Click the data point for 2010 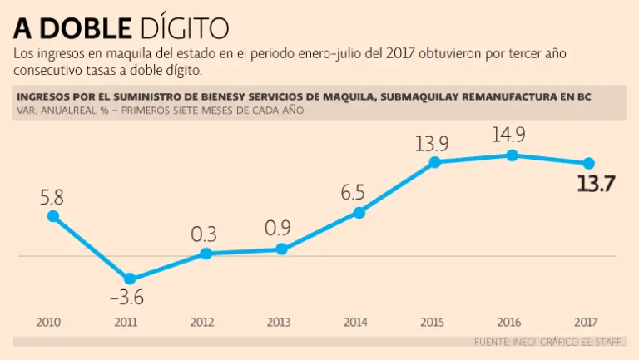click(x=53, y=216)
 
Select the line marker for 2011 click(x=129, y=279)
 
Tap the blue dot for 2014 click(x=359, y=213)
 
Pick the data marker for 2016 click(x=512, y=155)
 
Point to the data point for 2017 click(x=588, y=163)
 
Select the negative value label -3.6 click(x=127, y=298)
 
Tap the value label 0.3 click(x=204, y=234)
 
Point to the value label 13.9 click(x=432, y=143)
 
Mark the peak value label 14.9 click(x=508, y=136)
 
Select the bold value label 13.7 click(x=595, y=184)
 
